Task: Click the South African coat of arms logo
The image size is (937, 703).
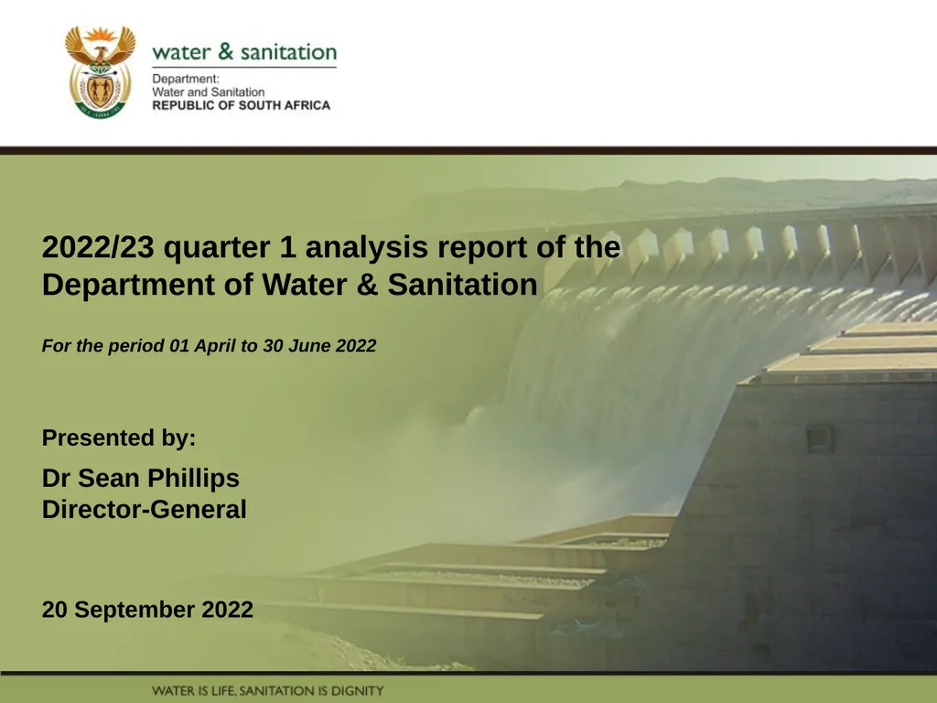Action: tap(101, 71)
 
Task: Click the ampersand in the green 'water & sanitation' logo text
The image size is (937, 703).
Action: tap(225, 51)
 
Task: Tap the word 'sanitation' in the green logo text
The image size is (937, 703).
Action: tap(288, 52)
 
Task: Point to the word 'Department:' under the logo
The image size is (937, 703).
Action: tap(186, 80)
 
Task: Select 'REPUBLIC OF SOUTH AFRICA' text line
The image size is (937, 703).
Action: tap(242, 105)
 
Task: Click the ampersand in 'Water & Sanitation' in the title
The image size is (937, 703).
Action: tap(368, 284)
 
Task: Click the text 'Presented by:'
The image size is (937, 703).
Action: tap(119, 438)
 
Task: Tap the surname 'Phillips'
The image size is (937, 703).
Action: tap(194, 478)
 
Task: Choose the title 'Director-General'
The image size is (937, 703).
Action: tap(144, 509)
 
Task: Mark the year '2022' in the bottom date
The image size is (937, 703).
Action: tap(228, 610)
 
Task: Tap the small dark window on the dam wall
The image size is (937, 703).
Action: tap(820, 438)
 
